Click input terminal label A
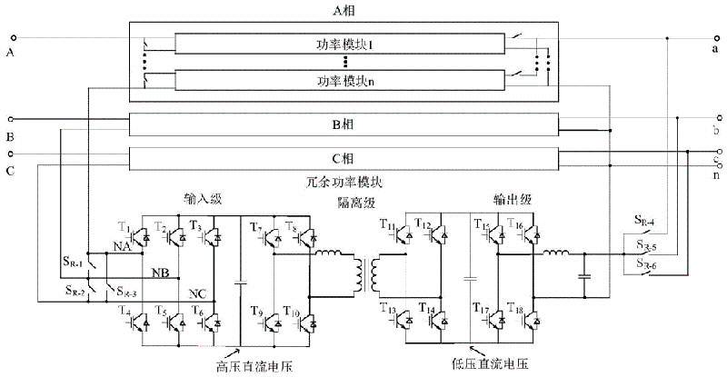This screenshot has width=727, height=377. [x=10, y=53]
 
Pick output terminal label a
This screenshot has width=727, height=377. [x=716, y=53]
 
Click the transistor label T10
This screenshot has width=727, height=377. [x=288, y=313]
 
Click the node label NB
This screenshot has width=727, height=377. [x=158, y=271]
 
